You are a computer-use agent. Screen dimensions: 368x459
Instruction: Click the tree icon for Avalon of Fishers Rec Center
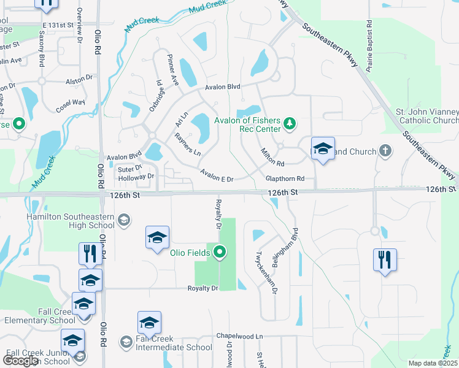pos(290,125)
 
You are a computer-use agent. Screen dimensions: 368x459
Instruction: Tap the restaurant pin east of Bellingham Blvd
pos(385,260)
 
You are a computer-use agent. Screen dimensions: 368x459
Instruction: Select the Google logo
pos(20,361)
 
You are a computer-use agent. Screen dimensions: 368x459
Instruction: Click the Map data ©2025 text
pos(432,363)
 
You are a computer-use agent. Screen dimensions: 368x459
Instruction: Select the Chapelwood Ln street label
pos(239,336)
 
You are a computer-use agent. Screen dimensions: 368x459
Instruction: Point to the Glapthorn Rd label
pos(285,178)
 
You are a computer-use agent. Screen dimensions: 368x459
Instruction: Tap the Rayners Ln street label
pos(188,144)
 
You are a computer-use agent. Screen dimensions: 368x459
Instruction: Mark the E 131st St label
pos(58,25)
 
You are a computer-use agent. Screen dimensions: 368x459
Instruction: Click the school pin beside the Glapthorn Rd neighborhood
pos(323,149)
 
